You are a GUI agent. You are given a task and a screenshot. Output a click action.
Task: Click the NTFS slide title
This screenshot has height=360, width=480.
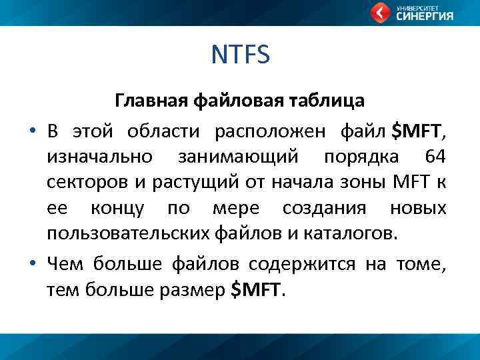coord(240,55)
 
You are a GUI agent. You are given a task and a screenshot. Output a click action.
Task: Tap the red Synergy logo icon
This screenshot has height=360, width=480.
coord(381,12)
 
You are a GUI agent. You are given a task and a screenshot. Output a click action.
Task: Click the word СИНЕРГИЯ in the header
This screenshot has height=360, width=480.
coord(425,17)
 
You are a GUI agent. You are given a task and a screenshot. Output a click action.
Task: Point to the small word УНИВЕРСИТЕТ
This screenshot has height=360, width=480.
coord(416,7)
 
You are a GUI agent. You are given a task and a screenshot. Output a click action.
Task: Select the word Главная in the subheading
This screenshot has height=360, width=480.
coord(152,101)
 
